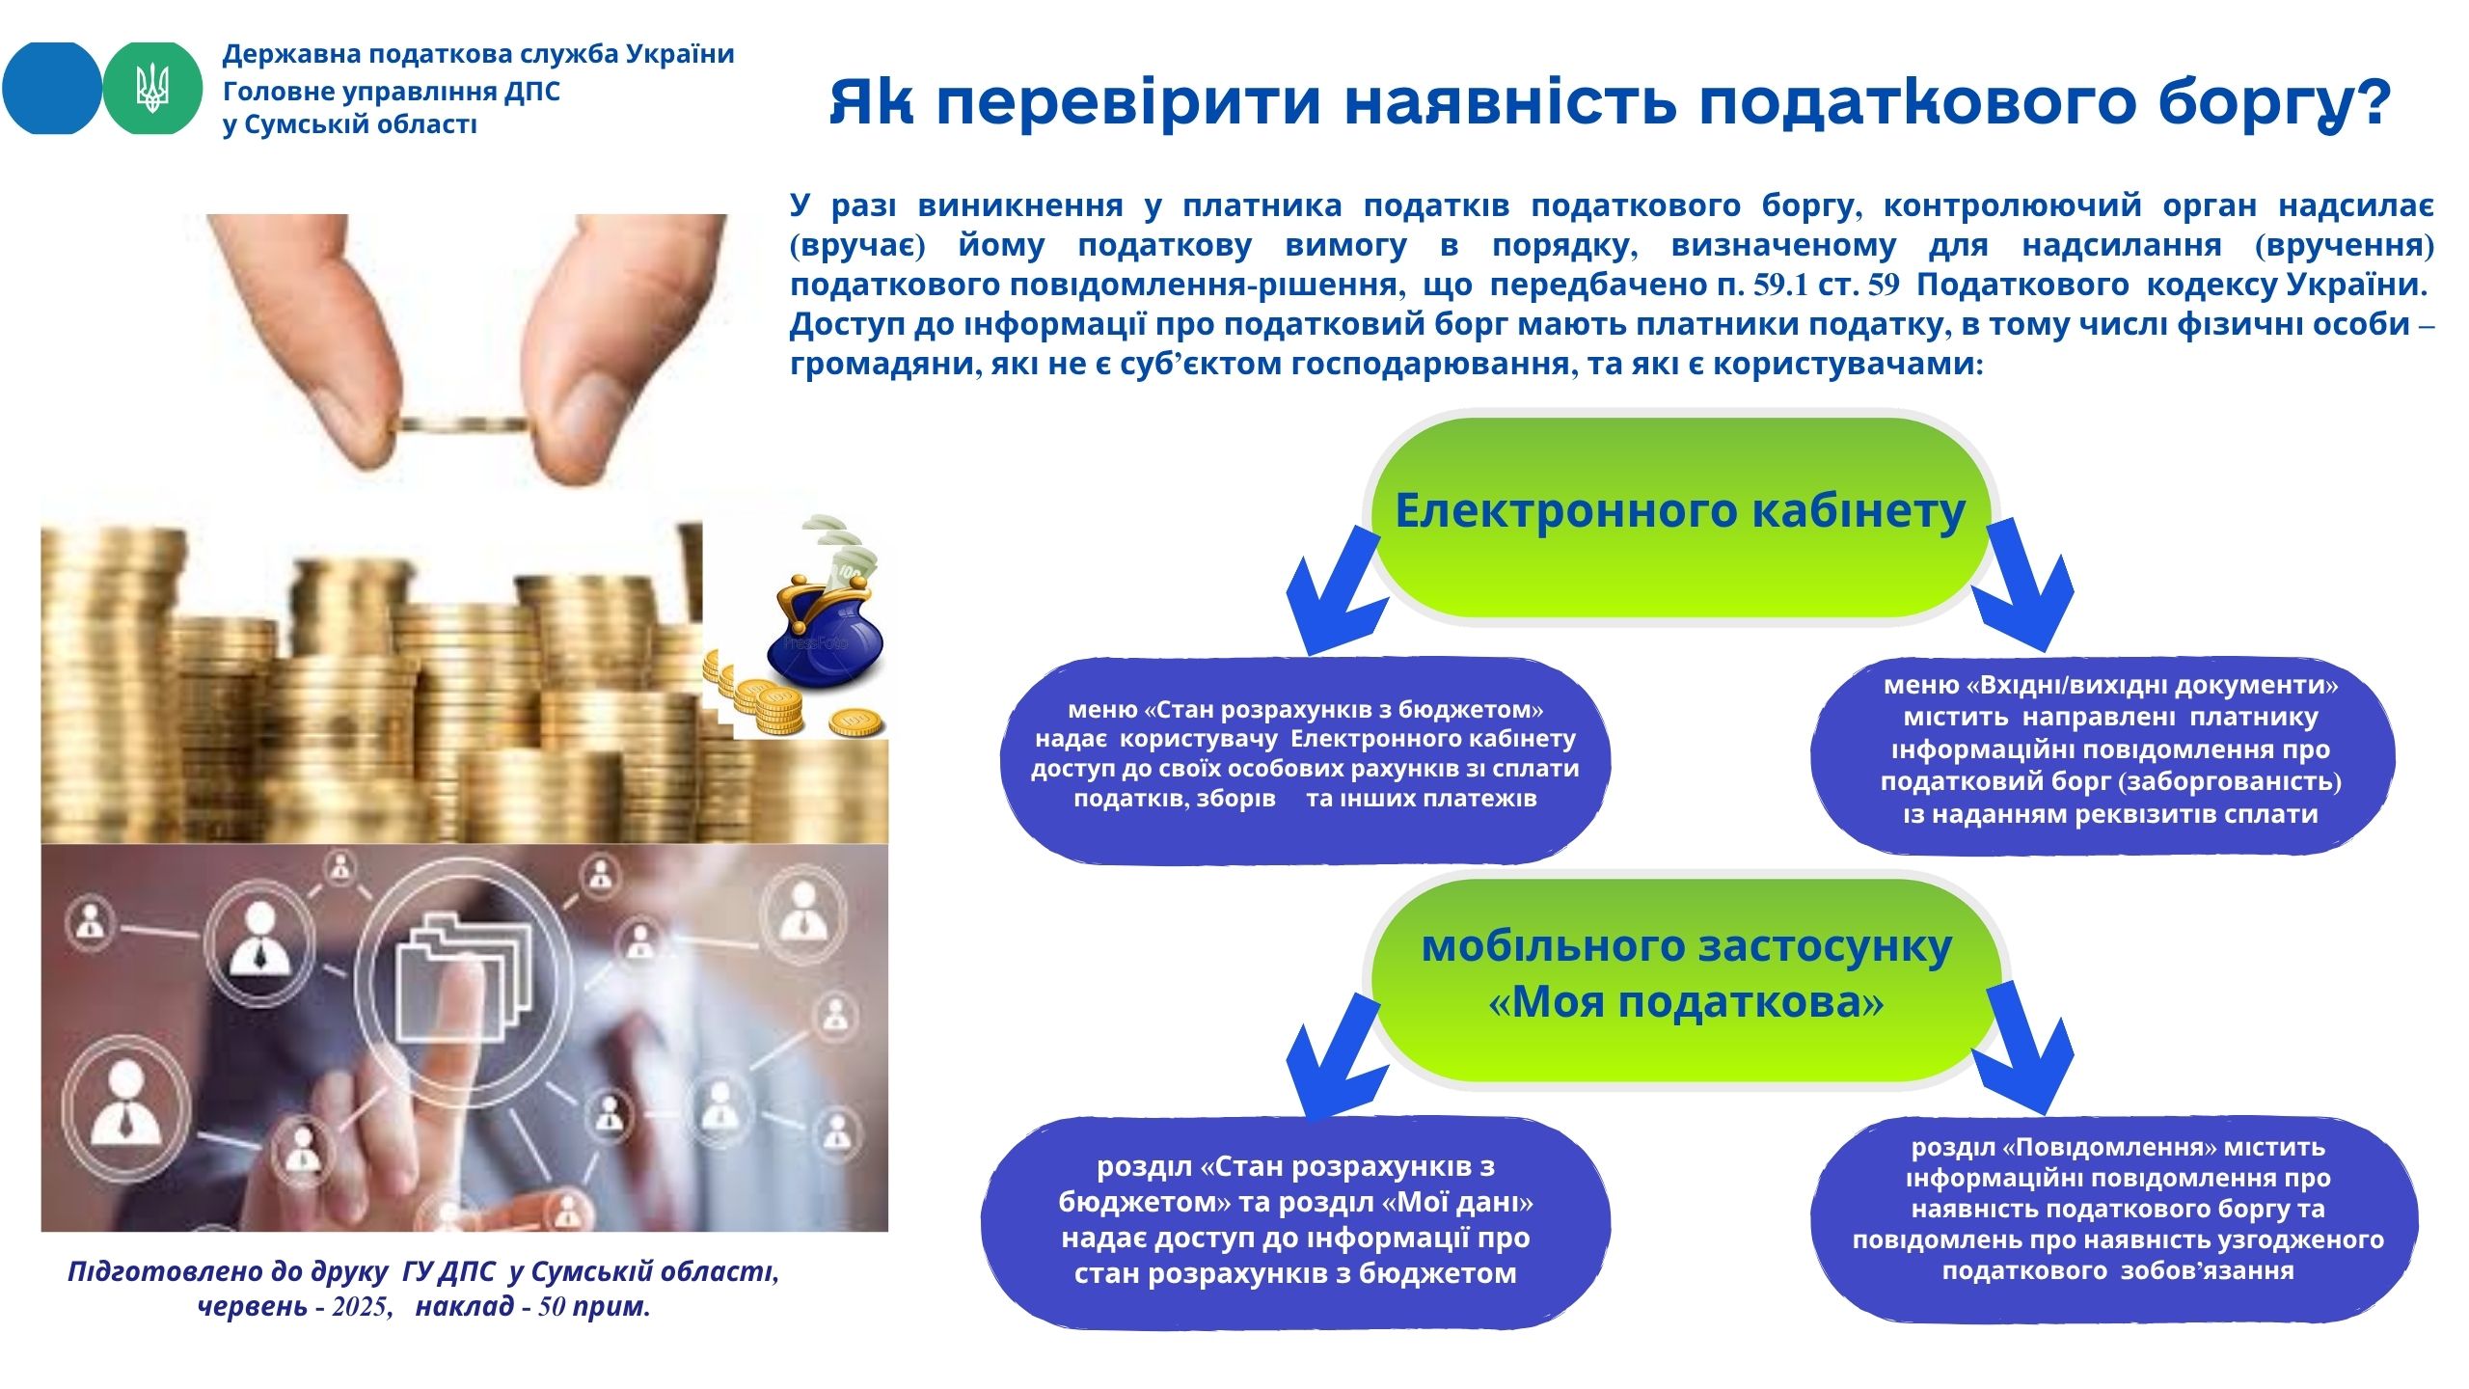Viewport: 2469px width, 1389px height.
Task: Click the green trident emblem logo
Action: pos(152,88)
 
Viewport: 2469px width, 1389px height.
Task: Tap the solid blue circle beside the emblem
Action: pos(52,88)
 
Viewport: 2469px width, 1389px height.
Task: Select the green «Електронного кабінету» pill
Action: pos(1680,518)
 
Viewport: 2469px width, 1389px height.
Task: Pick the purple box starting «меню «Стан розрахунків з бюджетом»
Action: pos(1305,760)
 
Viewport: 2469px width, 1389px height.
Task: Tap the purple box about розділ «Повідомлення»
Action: pos(2114,1219)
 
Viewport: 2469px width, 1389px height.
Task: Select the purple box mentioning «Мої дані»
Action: pos(1295,1223)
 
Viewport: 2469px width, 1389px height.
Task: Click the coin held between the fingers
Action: pos(463,424)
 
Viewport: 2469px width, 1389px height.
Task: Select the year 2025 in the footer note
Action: pos(361,1307)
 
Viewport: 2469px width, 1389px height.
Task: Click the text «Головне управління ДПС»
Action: pos(392,92)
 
